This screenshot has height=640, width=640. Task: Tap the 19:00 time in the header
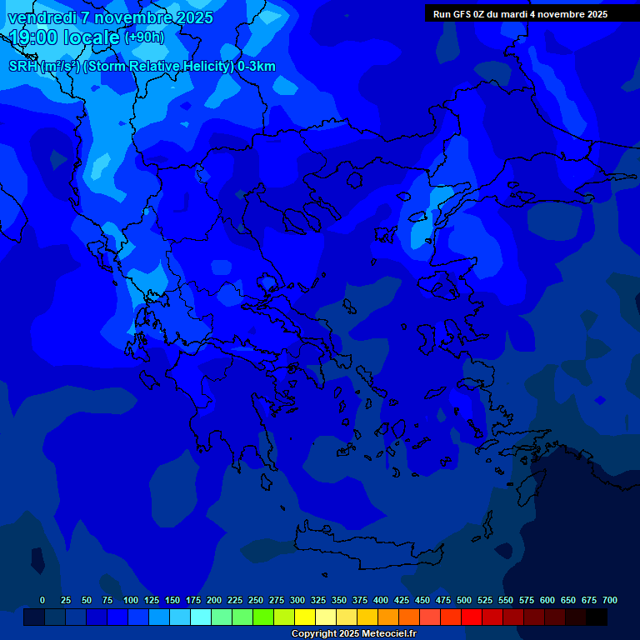click(33, 37)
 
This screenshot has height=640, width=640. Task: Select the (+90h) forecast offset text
click(144, 37)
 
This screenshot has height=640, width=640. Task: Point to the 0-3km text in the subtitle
click(257, 67)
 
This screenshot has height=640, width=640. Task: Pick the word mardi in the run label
click(515, 14)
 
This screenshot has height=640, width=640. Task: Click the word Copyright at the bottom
click(313, 634)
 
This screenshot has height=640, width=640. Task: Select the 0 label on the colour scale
click(42, 600)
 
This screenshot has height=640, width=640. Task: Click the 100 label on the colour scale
click(131, 600)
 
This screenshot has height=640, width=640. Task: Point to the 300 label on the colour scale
click(297, 600)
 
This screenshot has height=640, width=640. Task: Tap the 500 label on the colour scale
click(464, 600)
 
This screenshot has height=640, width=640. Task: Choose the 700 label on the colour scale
click(610, 600)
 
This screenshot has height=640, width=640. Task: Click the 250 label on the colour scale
click(256, 600)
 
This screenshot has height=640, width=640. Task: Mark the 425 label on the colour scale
click(402, 600)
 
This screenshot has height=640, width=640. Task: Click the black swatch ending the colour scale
click(597, 617)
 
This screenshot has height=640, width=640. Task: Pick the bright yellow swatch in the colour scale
click(305, 617)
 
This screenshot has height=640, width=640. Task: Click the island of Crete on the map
click(367, 550)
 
